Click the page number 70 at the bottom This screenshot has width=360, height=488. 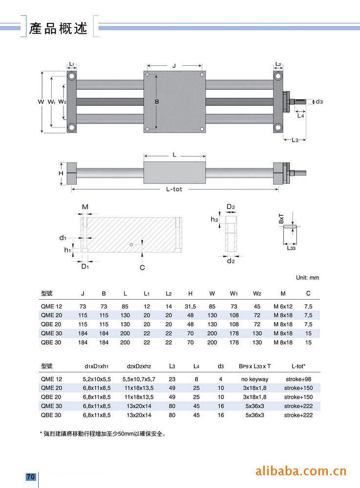pos(31,477)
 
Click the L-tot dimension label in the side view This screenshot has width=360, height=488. pos(174,189)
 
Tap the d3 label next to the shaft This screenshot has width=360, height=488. pos(319,102)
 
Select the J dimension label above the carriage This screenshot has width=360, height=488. pos(174,65)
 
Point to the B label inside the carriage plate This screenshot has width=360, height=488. pos(157,102)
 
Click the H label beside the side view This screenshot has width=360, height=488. pos(61,173)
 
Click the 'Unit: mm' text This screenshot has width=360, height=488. pos(307,278)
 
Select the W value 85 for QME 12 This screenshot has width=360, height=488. pos(212,305)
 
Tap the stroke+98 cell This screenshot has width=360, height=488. pos(298,379)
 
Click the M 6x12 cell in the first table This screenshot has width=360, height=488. pos(283,305)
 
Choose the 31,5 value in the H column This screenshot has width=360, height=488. pos(190,305)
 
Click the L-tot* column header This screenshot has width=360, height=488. pos(298,366)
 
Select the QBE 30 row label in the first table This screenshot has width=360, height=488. pos(51,343)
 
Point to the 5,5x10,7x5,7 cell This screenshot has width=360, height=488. pos(139,379)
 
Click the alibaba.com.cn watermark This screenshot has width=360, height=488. pos(301,471)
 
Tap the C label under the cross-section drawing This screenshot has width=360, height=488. pos(142,267)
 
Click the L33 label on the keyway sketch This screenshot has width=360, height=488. pos(291,248)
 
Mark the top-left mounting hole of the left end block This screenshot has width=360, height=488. pos(72,77)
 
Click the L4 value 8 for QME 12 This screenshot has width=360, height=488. pos(196,379)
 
